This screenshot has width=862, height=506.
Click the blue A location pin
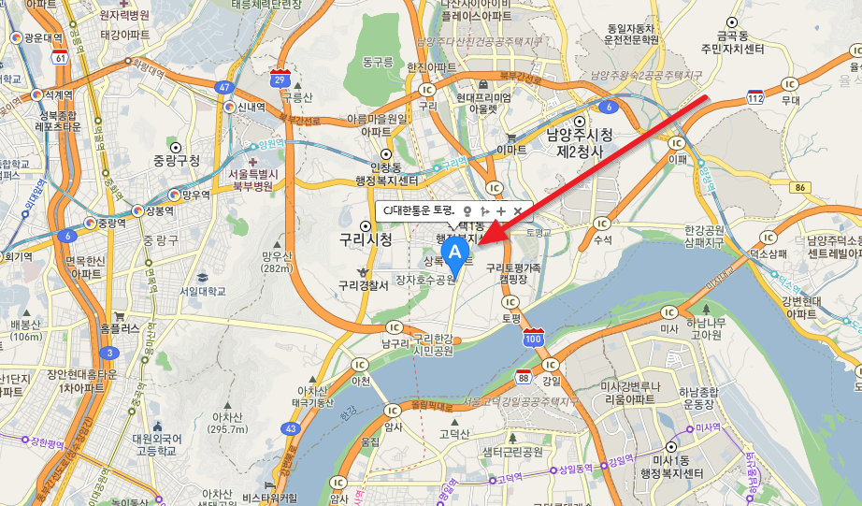click(455, 255)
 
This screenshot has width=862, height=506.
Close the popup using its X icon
click(517, 211)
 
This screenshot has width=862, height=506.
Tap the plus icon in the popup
click(500, 211)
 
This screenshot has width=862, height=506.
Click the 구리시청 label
click(366, 239)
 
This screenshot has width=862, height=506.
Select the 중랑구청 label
click(177, 160)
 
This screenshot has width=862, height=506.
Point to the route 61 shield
click(61, 58)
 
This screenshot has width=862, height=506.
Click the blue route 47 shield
click(224, 87)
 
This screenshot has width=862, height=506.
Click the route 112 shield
click(755, 96)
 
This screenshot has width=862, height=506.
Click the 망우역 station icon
click(174, 195)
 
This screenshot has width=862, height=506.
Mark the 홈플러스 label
click(118, 328)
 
